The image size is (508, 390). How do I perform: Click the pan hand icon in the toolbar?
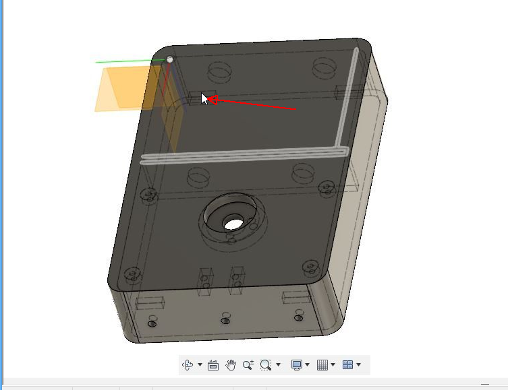coord(231,365)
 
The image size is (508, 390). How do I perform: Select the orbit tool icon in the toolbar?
coord(188,365)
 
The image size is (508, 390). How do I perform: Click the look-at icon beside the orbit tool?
coord(213,365)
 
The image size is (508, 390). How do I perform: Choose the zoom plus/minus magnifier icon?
coord(248,365)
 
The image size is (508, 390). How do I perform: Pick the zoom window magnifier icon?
coord(266,365)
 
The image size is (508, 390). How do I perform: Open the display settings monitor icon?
coord(296,365)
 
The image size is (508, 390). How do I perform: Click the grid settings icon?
coord(322,365)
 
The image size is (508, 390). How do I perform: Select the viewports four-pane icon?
coord(347,365)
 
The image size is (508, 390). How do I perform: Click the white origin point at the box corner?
coord(170,59)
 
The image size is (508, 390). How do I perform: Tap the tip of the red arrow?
coord(206,99)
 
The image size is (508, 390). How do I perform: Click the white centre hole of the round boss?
coord(233,222)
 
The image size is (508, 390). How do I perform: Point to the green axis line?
coord(128,61)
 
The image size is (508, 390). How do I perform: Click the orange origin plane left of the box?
coord(118,91)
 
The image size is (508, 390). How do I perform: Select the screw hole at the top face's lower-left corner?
coord(133,275)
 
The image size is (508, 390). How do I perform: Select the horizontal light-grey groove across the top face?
coord(243,156)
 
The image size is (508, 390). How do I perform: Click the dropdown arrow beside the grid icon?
coord(333,365)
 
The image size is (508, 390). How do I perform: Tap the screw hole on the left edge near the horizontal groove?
coord(149,196)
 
